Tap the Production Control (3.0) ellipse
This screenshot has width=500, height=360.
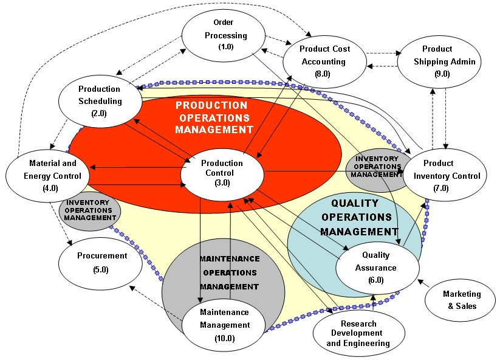tap(222, 173)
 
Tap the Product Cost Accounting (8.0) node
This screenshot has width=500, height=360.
tap(324, 61)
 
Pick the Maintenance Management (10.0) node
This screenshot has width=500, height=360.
tap(224, 325)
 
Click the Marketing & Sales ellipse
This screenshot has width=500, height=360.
tap(462, 300)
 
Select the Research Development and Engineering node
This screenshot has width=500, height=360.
tap(358, 334)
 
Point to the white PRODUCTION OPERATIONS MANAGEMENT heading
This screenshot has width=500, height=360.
tap(213, 117)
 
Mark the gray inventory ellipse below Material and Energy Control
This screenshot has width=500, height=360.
tap(90, 211)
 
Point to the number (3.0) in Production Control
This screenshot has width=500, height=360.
tap(222, 182)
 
